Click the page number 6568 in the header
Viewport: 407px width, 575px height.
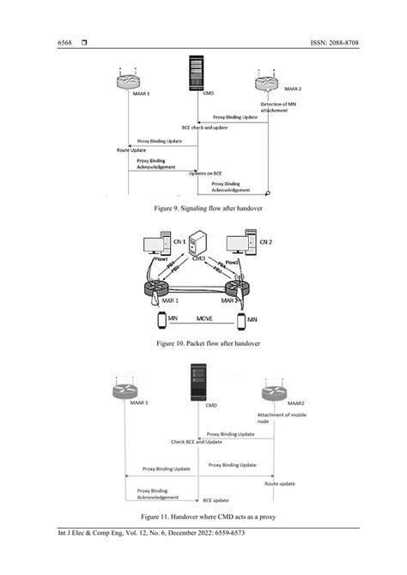(x=66, y=42)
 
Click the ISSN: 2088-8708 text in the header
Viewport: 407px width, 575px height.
(x=331, y=42)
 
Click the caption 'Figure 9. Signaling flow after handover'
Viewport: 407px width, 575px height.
(x=203, y=207)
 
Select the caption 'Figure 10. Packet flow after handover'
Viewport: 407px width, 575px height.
(x=203, y=343)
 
